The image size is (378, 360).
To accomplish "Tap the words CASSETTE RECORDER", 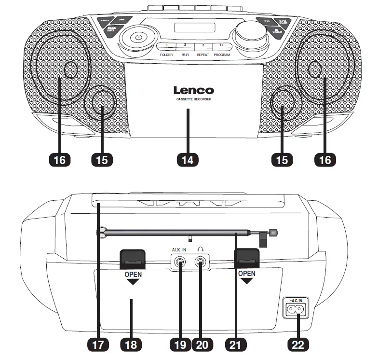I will tap(193, 99).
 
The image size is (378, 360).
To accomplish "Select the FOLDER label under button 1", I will tap(166, 55).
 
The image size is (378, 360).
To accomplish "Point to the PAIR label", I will tap(185, 55).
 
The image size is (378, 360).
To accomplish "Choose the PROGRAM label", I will tap(222, 55).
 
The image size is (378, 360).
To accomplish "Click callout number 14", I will tap(188, 159).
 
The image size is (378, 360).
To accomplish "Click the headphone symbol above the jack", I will tap(201, 249).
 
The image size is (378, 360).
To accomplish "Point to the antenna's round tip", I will tap(274, 232).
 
